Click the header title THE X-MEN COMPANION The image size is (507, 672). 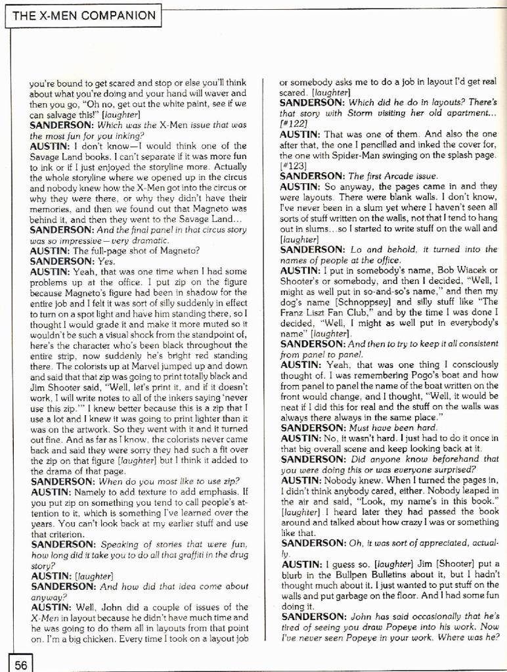tap(83, 15)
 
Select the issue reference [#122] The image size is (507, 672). tap(292, 123)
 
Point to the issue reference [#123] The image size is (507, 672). tap(292, 166)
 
